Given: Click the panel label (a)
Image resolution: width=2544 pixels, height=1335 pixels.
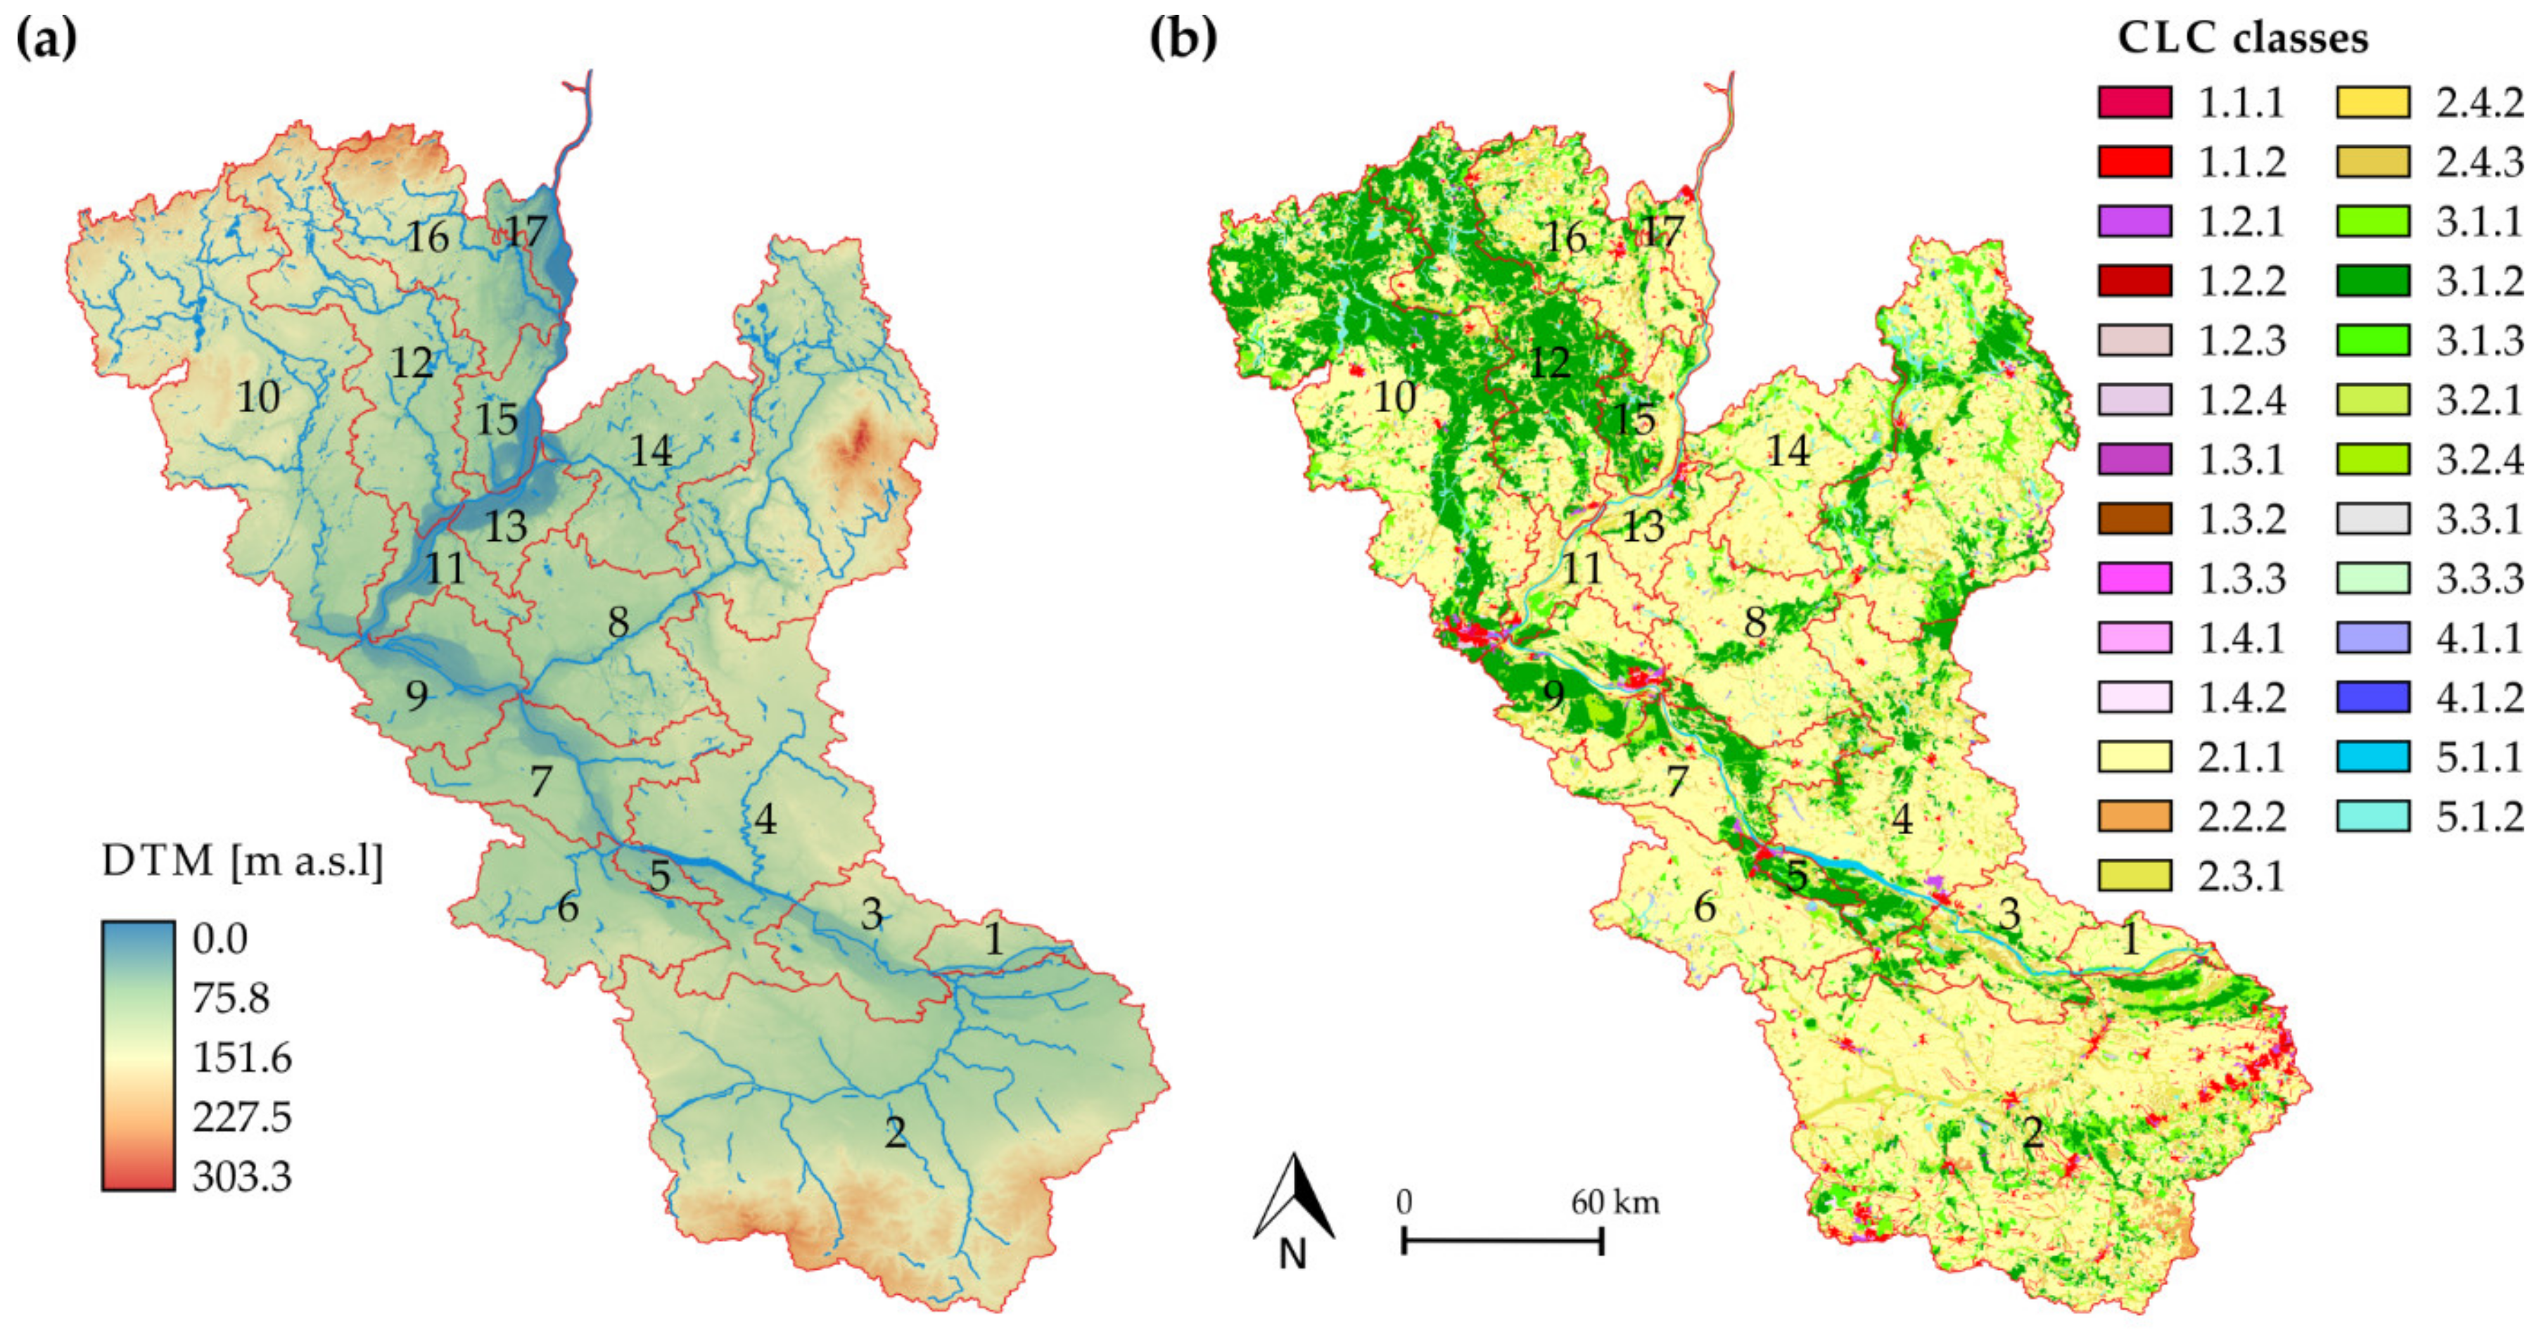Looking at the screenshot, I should click(46, 39).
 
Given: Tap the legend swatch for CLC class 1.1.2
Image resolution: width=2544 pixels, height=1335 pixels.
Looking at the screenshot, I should click(2134, 162).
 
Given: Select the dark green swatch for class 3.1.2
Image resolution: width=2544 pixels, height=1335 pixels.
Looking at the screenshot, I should click(2372, 281).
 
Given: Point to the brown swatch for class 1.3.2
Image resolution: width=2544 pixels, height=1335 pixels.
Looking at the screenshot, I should click(2134, 519).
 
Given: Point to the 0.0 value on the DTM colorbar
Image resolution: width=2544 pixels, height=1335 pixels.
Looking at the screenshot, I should click(220, 938).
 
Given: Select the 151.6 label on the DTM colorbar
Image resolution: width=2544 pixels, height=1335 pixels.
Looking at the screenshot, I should click(242, 1058).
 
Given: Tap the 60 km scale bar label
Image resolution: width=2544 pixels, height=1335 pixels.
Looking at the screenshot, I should click(1615, 1203).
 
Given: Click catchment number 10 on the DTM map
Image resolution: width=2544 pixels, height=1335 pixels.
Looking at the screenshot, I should click(257, 397).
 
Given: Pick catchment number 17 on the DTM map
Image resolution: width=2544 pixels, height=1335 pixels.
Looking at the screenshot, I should click(526, 232).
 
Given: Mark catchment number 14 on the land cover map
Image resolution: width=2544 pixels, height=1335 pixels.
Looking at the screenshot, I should click(1788, 452).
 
